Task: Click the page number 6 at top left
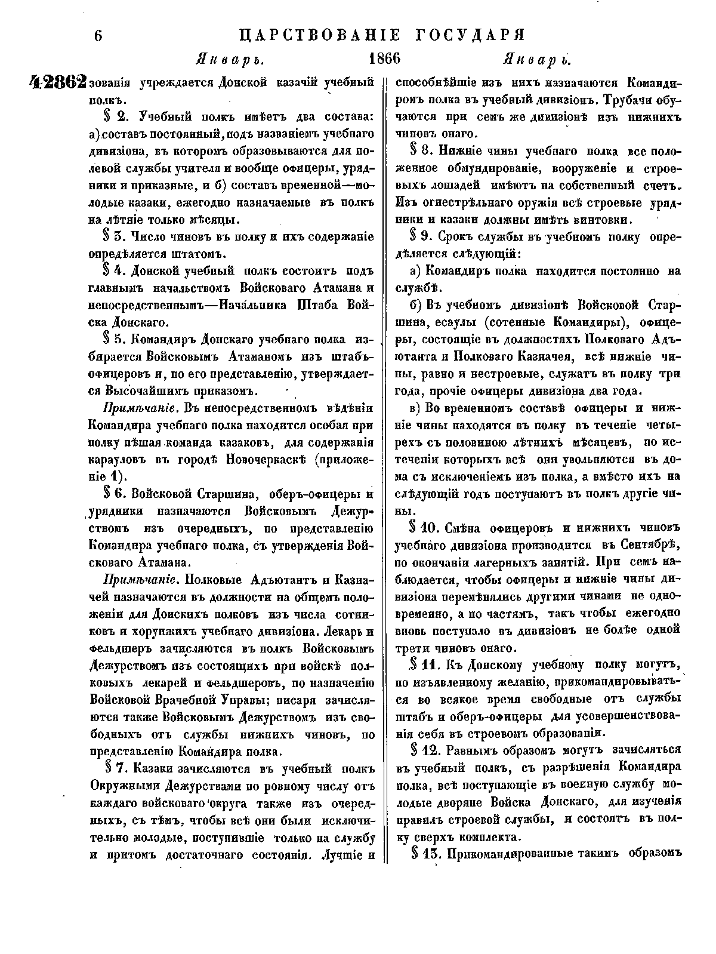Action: (98, 35)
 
